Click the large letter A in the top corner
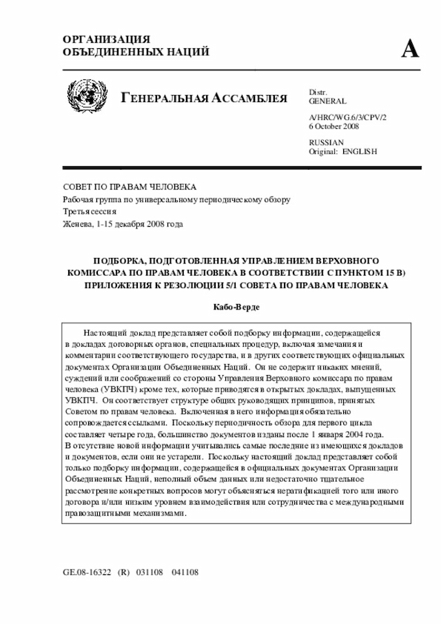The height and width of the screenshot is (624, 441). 410,49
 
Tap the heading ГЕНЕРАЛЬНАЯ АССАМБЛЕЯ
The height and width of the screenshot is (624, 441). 205,98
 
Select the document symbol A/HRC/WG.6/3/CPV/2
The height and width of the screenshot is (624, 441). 348,118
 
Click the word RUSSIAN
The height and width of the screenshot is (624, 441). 327,142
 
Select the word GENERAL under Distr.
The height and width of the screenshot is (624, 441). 328,101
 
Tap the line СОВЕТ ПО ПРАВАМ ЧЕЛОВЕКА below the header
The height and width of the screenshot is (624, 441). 130,188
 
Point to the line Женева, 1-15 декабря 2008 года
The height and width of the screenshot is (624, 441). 123,224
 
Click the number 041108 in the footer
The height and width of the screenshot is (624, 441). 185,572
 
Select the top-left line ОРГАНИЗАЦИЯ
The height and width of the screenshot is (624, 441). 106,39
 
